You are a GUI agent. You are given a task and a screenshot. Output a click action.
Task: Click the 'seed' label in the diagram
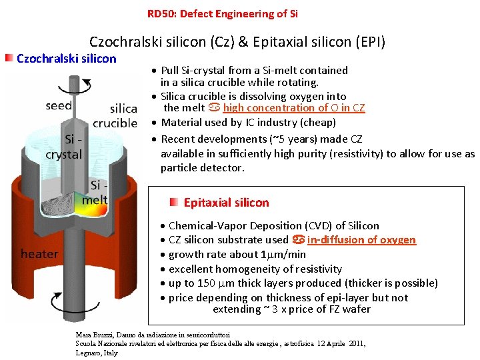point(59,105)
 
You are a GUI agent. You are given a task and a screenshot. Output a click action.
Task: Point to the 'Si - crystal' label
point(63,147)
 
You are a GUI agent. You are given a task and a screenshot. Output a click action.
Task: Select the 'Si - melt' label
point(95,194)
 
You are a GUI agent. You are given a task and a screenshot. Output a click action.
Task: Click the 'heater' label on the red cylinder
point(39,254)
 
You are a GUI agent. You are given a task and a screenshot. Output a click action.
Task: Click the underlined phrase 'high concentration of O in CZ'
point(294,108)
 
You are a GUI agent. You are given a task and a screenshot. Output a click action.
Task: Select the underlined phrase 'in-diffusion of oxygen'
point(361,240)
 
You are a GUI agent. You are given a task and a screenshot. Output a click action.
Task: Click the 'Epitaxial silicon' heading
point(226,203)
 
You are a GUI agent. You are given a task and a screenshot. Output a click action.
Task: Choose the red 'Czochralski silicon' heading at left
point(66,58)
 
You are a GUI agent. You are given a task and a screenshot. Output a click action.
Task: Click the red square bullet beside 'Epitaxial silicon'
point(173,201)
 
